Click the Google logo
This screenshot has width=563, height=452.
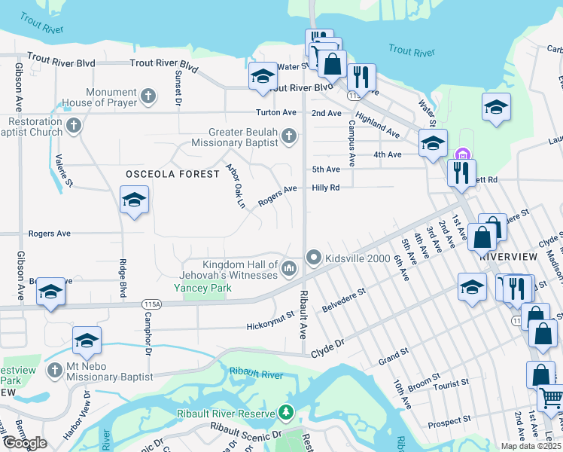tap(24, 443)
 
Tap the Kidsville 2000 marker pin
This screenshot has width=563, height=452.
tap(314, 258)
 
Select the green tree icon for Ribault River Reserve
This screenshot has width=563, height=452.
tap(285, 413)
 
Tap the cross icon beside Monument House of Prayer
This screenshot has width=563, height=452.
tap(149, 96)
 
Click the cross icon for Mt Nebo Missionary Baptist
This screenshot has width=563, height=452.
tap(54, 371)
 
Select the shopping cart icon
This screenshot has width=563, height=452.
tap(551, 398)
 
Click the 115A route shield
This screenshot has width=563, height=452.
tap(151, 304)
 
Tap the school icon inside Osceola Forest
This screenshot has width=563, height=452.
tap(134, 200)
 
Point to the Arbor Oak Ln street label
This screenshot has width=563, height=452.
tap(236, 186)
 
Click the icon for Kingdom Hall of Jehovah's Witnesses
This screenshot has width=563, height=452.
tap(289, 268)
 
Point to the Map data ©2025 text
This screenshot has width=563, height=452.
tap(531, 446)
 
